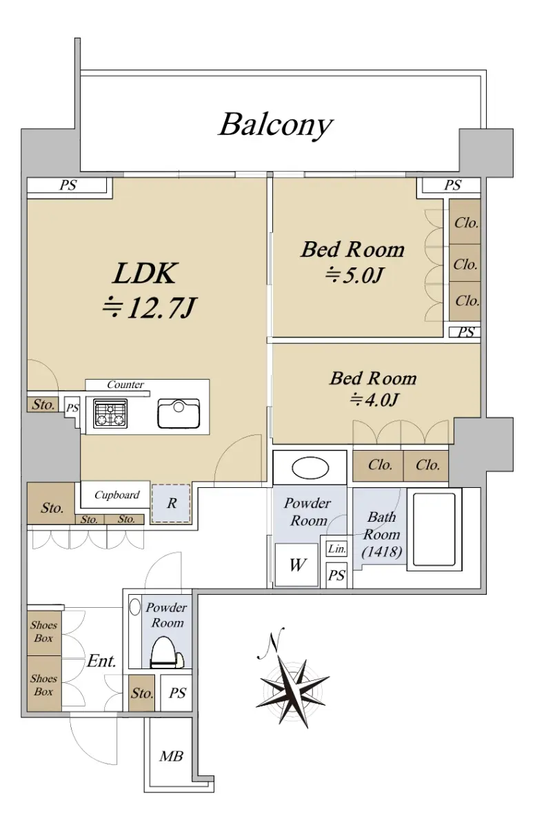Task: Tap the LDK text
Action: click(145, 274)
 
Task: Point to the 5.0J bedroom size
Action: click(354, 275)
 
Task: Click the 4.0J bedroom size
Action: click(374, 400)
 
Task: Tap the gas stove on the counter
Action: click(110, 413)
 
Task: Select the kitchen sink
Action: click(179, 413)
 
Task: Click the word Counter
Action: click(125, 385)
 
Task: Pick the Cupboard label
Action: click(117, 495)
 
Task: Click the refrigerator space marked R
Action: click(171, 504)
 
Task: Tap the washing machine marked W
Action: click(297, 564)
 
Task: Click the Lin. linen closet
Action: click(336, 549)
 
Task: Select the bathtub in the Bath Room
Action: click(434, 529)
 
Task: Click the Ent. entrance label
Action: click(102, 661)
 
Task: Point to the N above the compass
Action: click(272, 643)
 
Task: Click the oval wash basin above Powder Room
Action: click(310, 468)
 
